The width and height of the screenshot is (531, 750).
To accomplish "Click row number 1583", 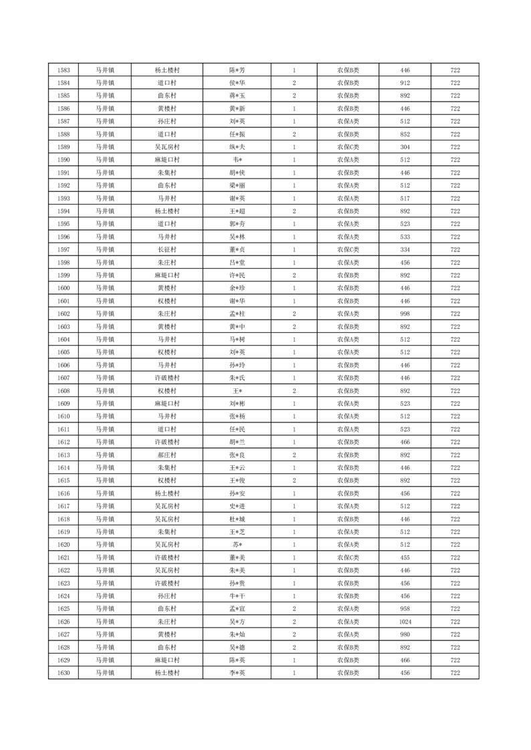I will pyautogui.click(x=64, y=70).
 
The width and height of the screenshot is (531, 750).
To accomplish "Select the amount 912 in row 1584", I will pyautogui.click(x=405, y=83).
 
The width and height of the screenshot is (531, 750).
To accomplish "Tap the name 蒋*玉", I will pyautogui.click(x=237, y=96).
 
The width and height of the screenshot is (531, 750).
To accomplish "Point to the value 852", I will pyautogui.click(x=405, y=134).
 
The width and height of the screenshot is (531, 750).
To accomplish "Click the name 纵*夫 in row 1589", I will pyautogui.click(x=237, y=147).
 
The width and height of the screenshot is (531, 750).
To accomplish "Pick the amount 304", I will pyautogui.click(x=405, y=147).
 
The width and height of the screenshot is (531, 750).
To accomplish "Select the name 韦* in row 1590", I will pyautogui.click(x=237, y=160).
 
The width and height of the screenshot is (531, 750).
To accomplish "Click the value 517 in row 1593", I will pyautogui.click(x=405, y=199).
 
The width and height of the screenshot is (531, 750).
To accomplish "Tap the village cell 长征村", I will pyautogui.click(x=167, y=249).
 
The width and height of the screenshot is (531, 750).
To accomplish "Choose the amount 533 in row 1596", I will pyautogui.click(x=405, y=237).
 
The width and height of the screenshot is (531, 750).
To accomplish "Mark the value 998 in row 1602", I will pyautogui.click(x=405, y=314).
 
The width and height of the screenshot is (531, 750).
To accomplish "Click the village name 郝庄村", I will pyautogui.click(x=167, y=455).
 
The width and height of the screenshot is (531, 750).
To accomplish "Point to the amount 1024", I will pyautogui.click(x=405, y=622).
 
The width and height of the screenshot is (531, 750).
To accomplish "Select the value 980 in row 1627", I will pyautogui.click(x=405, y=634).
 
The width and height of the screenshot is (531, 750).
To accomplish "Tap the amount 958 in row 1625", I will pyautogui.click(x=405, y=609).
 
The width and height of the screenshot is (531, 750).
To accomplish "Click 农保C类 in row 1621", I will pyautogui.click(x=348, y=557).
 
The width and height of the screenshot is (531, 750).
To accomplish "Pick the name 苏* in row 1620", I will pyautogui.click(x=237, y=545).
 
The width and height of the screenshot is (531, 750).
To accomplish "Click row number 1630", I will pyautogui.click(x=64, y=673).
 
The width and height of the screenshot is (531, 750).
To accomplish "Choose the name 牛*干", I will pyautogui.click(x=237, y=596).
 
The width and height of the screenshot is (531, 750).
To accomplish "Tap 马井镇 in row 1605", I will pyautogui.click(x=104, y=352).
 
